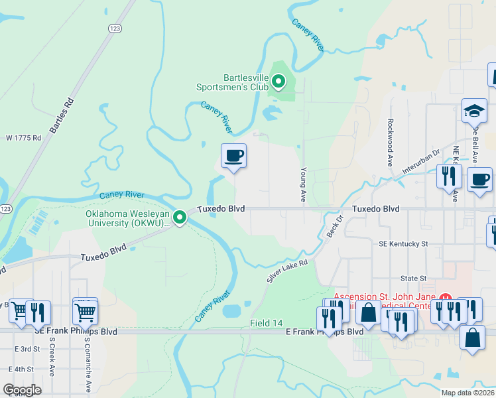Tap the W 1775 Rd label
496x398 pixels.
pyautogui.click(x=23, y=138)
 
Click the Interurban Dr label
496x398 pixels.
pyautogui.click(x=421, y=162)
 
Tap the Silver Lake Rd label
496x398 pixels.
pyautogui.click(x=288, y=271)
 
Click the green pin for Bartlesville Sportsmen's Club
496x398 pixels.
pyautogui.click(x=279, y=82)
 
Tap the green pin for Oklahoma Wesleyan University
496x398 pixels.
pyautogui.click(x=180, y=217)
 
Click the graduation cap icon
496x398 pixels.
pyautogui.click(x=475, y=111)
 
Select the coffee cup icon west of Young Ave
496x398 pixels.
pyautogui.click(x=233, y=156)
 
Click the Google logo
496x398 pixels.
pyautogui.click(x=22, y=390)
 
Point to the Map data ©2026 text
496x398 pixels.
pyautogui.click(x=467, y=393)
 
